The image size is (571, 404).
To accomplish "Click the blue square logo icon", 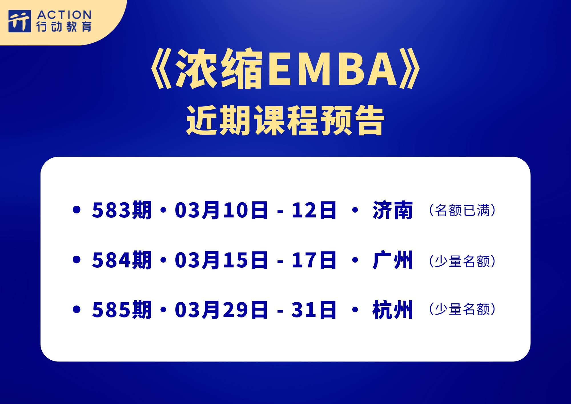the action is (x=20, y=21).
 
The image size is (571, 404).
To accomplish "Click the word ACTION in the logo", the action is (x=65, y=15).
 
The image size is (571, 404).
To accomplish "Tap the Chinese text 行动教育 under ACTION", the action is (x=64, y=27).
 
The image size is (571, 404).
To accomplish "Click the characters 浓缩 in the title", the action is (x=219, y=69).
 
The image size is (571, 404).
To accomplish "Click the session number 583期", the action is (x=122, y=210).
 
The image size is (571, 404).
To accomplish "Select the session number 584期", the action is (x=122, y=260).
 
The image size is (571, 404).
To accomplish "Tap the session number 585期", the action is (x=122, y=310).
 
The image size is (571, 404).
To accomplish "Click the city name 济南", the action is (x=393, y=210).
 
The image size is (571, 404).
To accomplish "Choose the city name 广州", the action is (x=393, y=260).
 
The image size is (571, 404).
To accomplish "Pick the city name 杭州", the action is (x=393, y=310).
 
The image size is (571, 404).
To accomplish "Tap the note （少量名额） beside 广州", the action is (x=463, y=261).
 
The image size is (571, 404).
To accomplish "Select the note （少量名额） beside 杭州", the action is (x=463, y=309).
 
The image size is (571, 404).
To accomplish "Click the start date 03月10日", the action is (x=221, y=210).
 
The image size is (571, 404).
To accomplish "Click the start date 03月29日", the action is (x=221, y=310).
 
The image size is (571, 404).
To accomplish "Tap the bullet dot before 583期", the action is (x=77, y=210).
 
